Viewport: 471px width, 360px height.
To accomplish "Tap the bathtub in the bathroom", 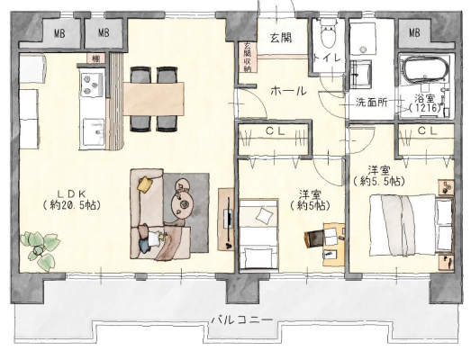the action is point(426,69).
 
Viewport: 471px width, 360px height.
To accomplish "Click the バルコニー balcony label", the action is point(242,319).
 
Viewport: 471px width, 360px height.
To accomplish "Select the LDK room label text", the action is point(71,199).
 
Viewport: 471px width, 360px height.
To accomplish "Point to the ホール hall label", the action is point(289,91).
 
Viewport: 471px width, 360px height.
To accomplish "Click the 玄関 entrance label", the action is point(281,38).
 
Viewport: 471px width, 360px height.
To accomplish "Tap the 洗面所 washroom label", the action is point(371,103).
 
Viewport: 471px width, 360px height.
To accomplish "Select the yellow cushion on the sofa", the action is point(145,184).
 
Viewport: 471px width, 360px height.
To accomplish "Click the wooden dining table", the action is point(153,98).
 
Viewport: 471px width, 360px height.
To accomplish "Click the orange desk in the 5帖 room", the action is point(334,244).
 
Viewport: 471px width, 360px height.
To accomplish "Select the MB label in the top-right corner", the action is point(414,32).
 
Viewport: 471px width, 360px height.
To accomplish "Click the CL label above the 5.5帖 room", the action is point(427,130).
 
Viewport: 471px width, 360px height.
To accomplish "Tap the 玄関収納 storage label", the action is point(248,57).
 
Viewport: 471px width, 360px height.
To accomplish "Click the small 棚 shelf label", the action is point(95,58).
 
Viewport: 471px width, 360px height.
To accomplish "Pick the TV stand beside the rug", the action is point(226,219).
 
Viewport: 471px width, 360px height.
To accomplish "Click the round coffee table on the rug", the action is point(183,205).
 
